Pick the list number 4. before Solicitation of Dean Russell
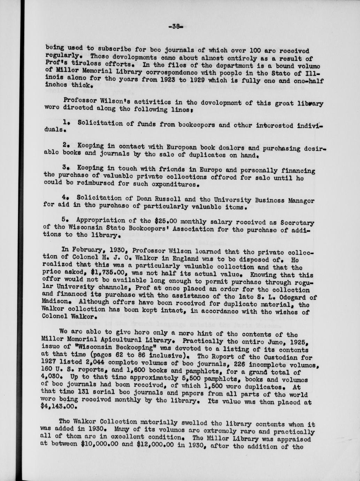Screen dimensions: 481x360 (x=65, y=197)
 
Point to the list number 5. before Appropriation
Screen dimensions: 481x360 (x=65, y=220)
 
